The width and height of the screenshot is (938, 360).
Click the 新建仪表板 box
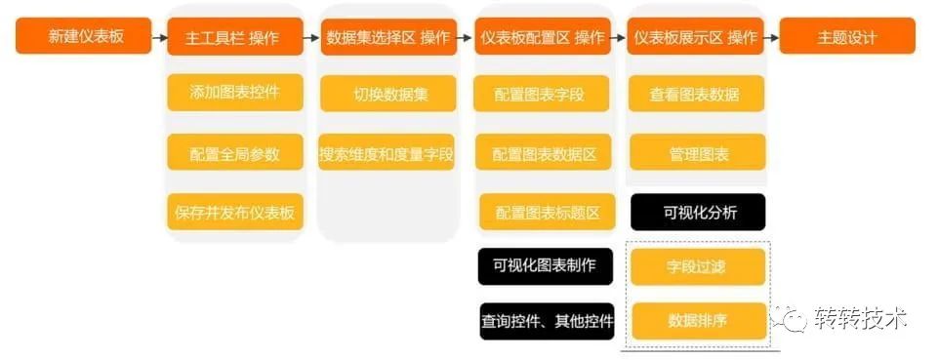[x=84, y=37]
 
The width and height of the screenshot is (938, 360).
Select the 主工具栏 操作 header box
[x=234, y=37]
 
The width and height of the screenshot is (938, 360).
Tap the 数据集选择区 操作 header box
[x=388, y=37]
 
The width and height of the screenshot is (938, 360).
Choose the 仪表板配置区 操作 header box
[x=543, y=37]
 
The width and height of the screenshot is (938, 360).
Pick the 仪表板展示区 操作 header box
[x=696, y=37]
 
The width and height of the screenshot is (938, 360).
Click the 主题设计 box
[x=847, y=37]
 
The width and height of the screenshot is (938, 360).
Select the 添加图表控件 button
[x=234, y=94]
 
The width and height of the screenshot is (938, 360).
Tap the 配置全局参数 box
[x=234, y=153]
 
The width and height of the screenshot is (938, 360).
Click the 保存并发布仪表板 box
[x=234, y=212]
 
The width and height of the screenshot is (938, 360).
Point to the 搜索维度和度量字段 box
[x=387, y=153]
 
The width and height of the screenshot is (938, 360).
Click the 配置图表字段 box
[x=543, y=94]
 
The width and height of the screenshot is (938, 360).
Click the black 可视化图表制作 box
[x=545, y=264]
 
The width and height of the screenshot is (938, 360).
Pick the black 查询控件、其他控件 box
[x=547, y=320]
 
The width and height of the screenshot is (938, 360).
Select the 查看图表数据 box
[x=696, y=94]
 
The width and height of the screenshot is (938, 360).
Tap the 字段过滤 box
[x=697, y=265]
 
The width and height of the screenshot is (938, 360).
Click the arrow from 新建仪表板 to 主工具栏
[x=159, y=38]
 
